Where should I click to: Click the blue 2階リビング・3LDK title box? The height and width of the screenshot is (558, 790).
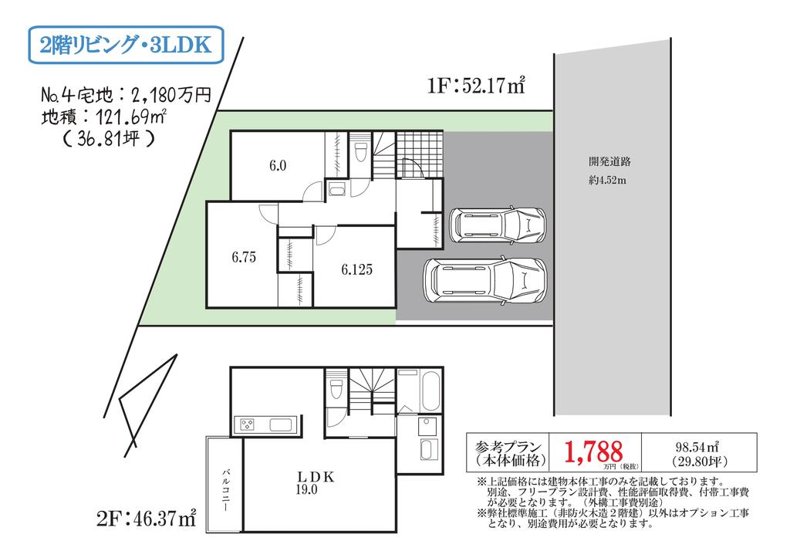[126, 45]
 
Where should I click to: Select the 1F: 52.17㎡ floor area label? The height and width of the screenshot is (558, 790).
[476, 86]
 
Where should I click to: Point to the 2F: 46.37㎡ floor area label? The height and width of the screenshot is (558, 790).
[146, 518]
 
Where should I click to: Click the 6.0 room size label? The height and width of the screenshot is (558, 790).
[278, 165]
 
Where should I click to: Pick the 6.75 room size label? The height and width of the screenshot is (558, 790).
[244, 257]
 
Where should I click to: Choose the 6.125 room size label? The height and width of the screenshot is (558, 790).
[356, 269]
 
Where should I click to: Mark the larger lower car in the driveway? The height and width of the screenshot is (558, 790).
[485, 281]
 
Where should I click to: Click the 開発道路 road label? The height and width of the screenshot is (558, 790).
[609, 162]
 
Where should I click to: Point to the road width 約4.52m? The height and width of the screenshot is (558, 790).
[608, 180]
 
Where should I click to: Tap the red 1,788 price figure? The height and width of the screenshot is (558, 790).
[593, 451]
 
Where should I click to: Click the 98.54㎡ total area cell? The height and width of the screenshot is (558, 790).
[699, 452]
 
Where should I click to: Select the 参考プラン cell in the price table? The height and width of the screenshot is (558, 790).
[508, 452]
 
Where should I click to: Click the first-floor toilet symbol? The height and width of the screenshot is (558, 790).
[360, 151]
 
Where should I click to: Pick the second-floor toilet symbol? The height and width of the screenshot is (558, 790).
[336, 388]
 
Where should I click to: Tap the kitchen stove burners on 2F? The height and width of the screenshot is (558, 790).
[248, 424]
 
